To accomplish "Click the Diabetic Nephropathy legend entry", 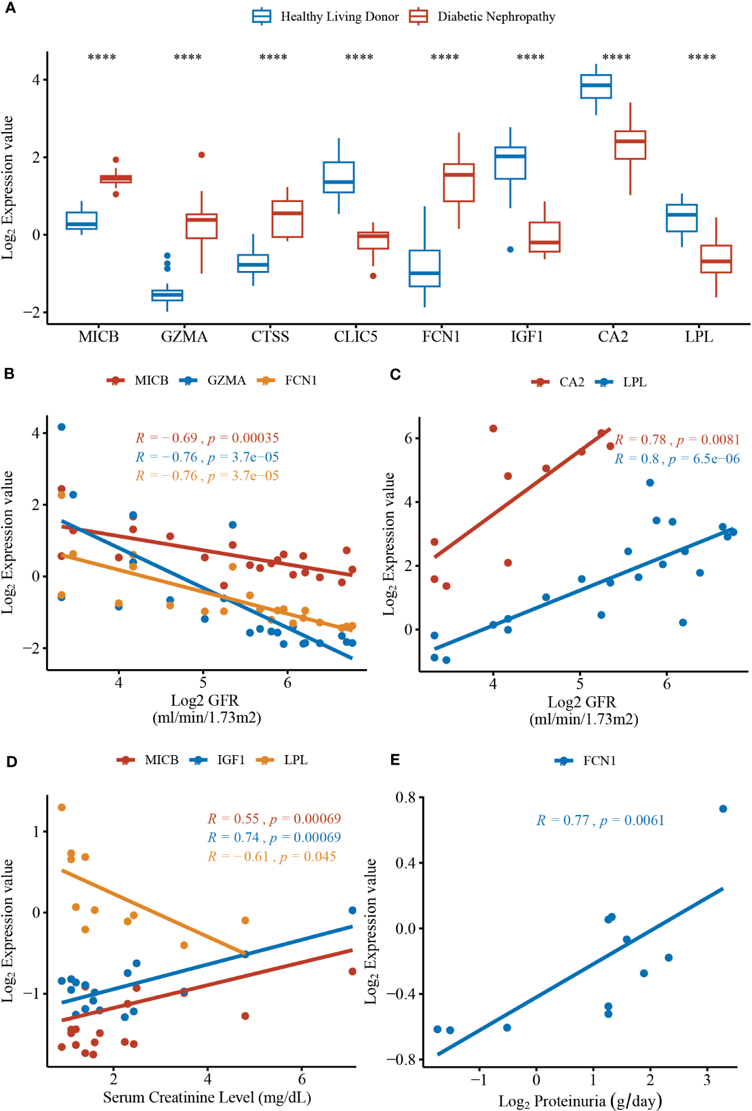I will point(482,16).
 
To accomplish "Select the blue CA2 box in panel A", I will point(596,86).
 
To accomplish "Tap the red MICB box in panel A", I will point(116,179).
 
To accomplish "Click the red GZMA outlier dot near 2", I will point(202,155).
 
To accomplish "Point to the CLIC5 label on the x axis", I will point(356,337).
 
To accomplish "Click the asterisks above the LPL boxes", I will point(702,57).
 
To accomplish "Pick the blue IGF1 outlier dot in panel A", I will point(510,249).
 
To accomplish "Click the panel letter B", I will point(9,374).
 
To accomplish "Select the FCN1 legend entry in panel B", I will point(287,380).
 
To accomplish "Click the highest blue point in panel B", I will point(62,427).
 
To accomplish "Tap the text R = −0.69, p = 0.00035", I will point(207,438).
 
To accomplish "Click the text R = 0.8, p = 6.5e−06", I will point(677,459).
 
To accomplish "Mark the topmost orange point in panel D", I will point(62,807).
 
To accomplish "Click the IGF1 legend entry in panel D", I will point(217,760).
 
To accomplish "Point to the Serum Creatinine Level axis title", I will point(207,1097).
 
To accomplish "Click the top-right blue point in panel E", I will point(723,809).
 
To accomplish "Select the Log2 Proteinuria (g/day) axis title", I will point(580,1101).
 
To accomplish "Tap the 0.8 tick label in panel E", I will point(405,798).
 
